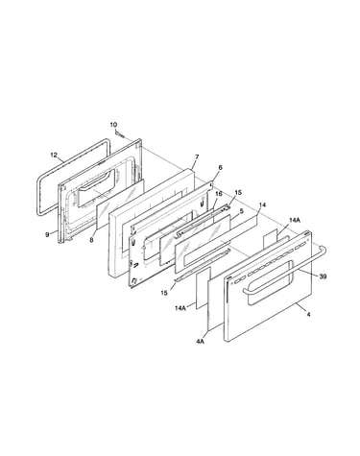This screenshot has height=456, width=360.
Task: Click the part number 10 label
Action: click(x=113, y=125)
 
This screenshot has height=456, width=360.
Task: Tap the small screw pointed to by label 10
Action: click(x=119, y=133)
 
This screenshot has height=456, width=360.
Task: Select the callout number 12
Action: click(x=54, y=156)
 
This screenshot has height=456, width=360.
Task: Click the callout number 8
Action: click(x=91, y=239)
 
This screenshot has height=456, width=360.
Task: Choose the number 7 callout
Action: click(x=197, y=156)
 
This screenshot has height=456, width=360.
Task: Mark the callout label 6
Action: click(x=220, y=167)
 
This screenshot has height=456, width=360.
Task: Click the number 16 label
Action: click(x=218, y=194)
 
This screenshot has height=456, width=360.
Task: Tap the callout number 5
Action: click(x=241, y=211)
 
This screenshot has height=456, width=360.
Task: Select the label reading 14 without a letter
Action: click(x=262, y=204)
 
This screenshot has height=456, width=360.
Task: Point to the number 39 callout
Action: click(x=323, y=276)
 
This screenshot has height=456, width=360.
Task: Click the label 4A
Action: click(x=201, y=342)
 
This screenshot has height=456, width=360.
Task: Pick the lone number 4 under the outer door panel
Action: click(x=308, y=315)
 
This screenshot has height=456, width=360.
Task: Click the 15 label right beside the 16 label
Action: click(x=238, y=193)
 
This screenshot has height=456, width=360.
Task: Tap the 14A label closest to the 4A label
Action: click(x=180, y=308)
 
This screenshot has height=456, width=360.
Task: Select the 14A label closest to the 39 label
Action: click(x=294, y=220)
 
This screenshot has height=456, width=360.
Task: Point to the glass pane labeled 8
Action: click(x=120, y=204)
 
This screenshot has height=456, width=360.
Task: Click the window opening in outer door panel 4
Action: click(x=271, y=282)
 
